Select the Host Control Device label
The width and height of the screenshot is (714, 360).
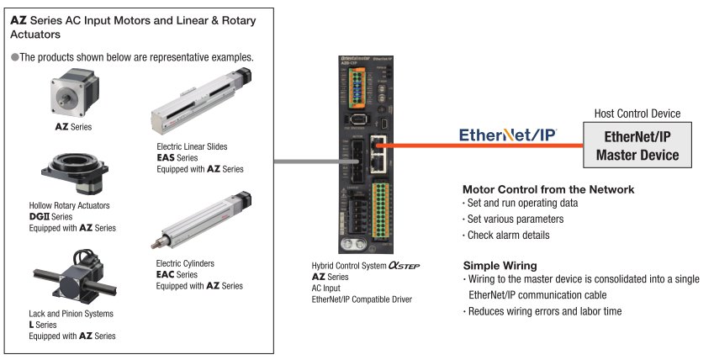click(637, 114)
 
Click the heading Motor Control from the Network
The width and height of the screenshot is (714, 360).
click(548, 189)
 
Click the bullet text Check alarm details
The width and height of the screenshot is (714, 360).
click(508, 235)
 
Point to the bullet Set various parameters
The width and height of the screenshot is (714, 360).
click(516, 219)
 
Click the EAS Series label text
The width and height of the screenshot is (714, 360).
click(177, 157)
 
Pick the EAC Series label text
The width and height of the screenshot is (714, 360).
click(177, 274)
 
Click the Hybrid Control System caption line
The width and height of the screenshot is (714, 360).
click(365, 265)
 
